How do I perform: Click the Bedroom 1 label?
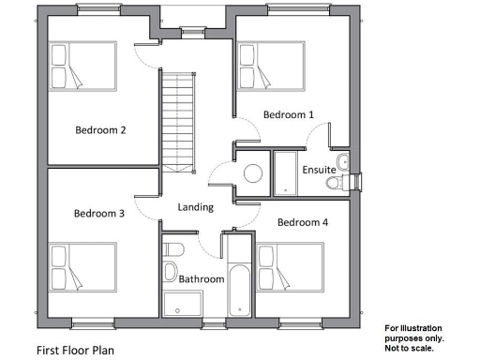click(289, 114)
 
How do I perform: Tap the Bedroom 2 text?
click(100, 130)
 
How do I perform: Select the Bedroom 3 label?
click(98, 214)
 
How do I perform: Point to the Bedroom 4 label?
click(303, 222)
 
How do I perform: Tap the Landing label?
click(195, 207)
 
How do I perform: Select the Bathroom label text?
click(202, 279)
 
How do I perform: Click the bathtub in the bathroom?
click(238, 277)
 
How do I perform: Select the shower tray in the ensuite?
click(285, 172)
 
